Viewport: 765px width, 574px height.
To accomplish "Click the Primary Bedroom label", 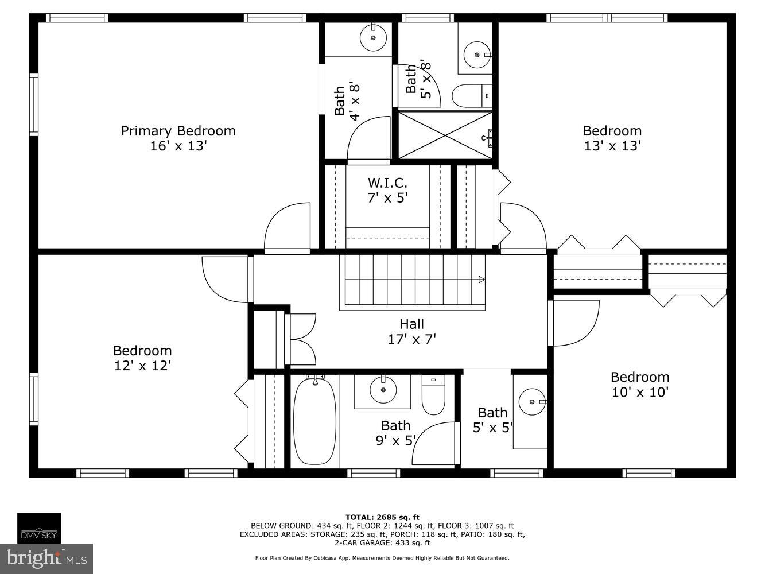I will pyautogui.click(x=178, y=131).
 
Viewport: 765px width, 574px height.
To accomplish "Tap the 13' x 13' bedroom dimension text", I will pyautogui.click(x=612, y=146).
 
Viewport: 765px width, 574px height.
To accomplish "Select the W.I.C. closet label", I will pyautogui.click(x=387, y=183).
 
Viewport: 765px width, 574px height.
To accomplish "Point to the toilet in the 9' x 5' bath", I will pyautogui.click(x=433, y=394).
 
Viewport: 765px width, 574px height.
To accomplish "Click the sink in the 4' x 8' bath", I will pyautogui.click(x=373, y=38).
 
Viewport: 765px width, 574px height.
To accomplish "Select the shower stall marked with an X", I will pyautogui.click(x=445, y=135).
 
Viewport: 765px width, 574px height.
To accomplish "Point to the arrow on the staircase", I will pyautogui.click(x=481, y=280).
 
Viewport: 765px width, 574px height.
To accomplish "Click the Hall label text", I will pyautogui.click(x=411, y=324).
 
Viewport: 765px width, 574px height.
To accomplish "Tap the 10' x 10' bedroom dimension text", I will pyautogui.click(x=639, y=393).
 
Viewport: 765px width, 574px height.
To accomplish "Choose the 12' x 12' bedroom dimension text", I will pyautogui.click(x=142, y=366).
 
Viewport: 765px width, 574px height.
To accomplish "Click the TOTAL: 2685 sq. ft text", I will pyautogui.click(x=382, y=517).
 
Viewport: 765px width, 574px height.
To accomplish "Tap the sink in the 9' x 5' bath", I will pyautogui.click(x=382, y=390).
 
